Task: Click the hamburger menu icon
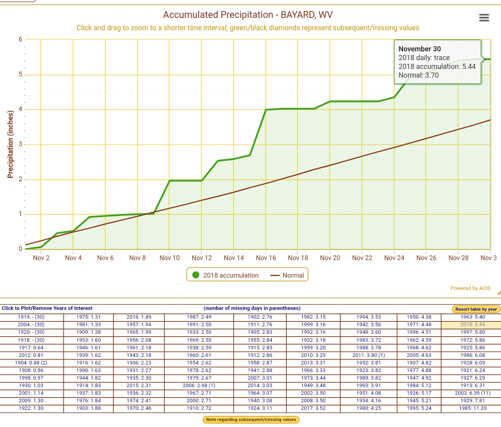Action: tap(484, 18)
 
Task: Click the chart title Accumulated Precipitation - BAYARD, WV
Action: tap(248, 15)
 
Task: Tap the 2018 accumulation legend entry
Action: tap(225, 275)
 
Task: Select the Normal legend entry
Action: tap(288, 275)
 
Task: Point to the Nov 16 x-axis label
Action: tap(266, 258)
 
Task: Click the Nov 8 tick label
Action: tap(137, 258)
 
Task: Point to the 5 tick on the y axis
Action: tap(20, 74)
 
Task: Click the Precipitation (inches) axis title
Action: tap(10, 144)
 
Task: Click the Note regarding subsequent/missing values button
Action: tap(251, 419)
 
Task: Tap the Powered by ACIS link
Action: tap(470, 288)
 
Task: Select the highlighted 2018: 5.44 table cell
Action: tap(472, 325)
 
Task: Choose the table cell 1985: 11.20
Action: tap(472, 408)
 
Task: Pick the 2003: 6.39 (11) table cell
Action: tap(472, 393)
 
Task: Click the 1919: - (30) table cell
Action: tap(31, 317)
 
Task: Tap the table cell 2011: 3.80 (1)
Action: tap(369, 355)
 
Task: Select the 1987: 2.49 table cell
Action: tap(199, 317)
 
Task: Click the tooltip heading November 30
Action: tap(420, 49)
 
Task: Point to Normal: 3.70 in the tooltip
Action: tap(418, 75)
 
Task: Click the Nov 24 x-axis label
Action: tap(394, 258)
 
